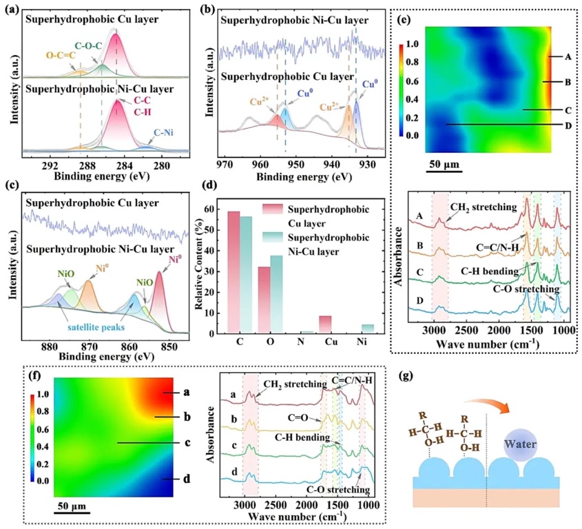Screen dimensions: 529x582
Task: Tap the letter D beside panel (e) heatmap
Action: [x=568, y=125]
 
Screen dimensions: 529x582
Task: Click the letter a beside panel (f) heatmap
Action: [x=186, y=391]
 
